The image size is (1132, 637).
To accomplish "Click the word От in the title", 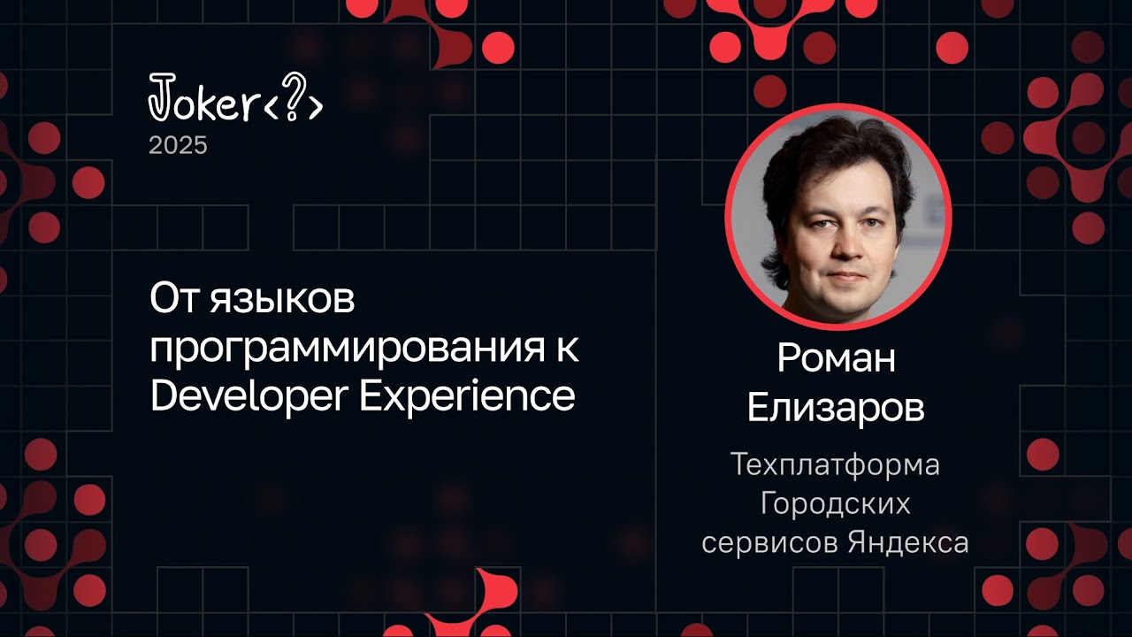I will [172, 299].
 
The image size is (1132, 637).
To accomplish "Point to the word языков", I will [280, 301].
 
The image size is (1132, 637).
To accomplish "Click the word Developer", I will [249, 396].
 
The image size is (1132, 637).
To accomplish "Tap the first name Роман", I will [836, 357].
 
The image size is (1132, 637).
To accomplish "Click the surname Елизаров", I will [836, 409].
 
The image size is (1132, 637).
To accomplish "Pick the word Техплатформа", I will [836, 464].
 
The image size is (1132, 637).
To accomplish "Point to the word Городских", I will [836, 503].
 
